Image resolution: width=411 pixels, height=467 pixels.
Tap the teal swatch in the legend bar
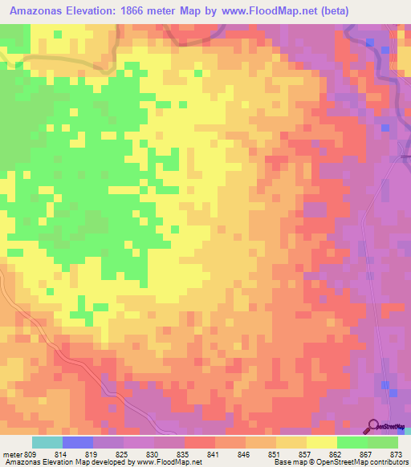point(47,442)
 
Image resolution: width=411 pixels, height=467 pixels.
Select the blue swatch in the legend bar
point(77,442)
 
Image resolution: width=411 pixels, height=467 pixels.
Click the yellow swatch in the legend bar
point(322,442)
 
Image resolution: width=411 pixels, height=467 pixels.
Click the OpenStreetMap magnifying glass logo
point(372,425)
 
